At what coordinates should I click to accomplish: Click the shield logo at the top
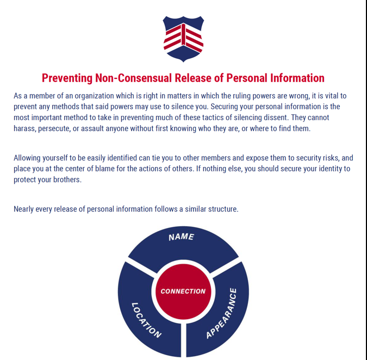click(x=183, y=39)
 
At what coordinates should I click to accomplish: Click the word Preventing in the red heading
click(x=67, y=78)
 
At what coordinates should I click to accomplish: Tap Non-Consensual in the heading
click(x=133, y=78)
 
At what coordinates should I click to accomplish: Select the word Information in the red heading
click(x=297, y=78)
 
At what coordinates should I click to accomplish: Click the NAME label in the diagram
click(x=181, y=237)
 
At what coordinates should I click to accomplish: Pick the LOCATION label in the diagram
click(x=146, y=320)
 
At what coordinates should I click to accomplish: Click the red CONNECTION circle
click(x=183, y=291)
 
